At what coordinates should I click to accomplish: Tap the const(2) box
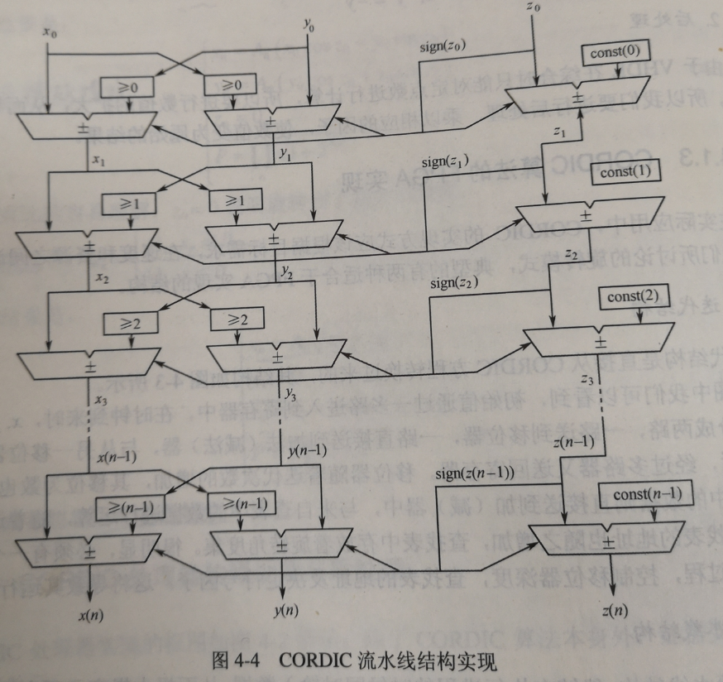632,296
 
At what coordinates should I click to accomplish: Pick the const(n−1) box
648,495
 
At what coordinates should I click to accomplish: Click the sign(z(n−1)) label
476,474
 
